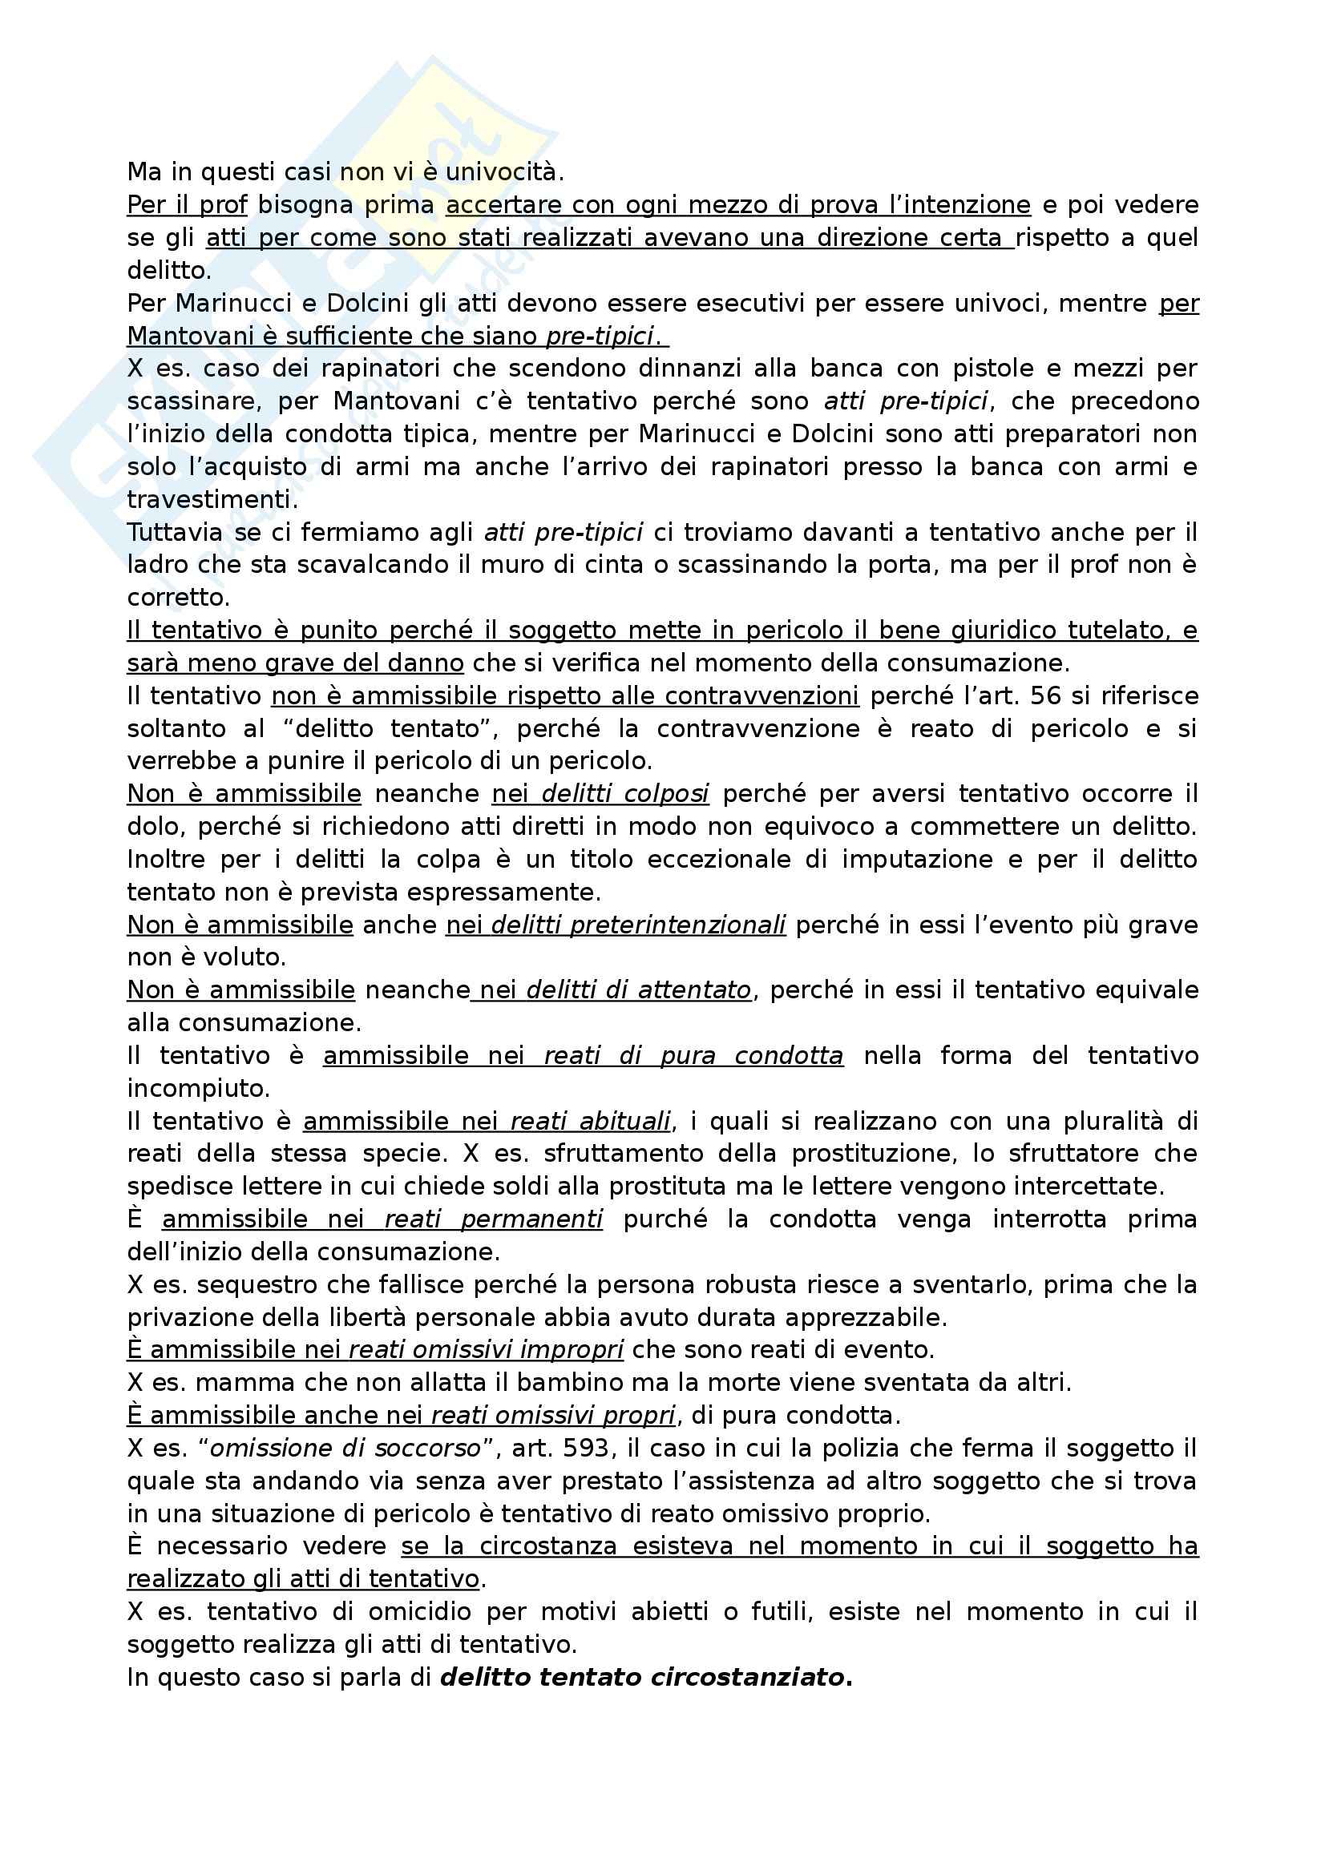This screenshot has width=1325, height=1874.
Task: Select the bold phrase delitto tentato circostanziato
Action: tap(646, 1677)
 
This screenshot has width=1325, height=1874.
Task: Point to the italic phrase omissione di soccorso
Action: tap(345, 1448)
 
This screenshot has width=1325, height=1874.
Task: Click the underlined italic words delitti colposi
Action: tap(624, 793)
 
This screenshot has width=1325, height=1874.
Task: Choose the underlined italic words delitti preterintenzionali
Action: tap(638, 925)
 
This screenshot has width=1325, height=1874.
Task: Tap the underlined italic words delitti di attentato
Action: tap(638, 990)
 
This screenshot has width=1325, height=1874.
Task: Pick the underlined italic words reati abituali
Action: tap(590, 1122)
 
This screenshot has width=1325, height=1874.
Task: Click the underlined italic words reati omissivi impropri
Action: tap(486, 1350)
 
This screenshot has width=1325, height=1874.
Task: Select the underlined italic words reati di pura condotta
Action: tap(693, 1055)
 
